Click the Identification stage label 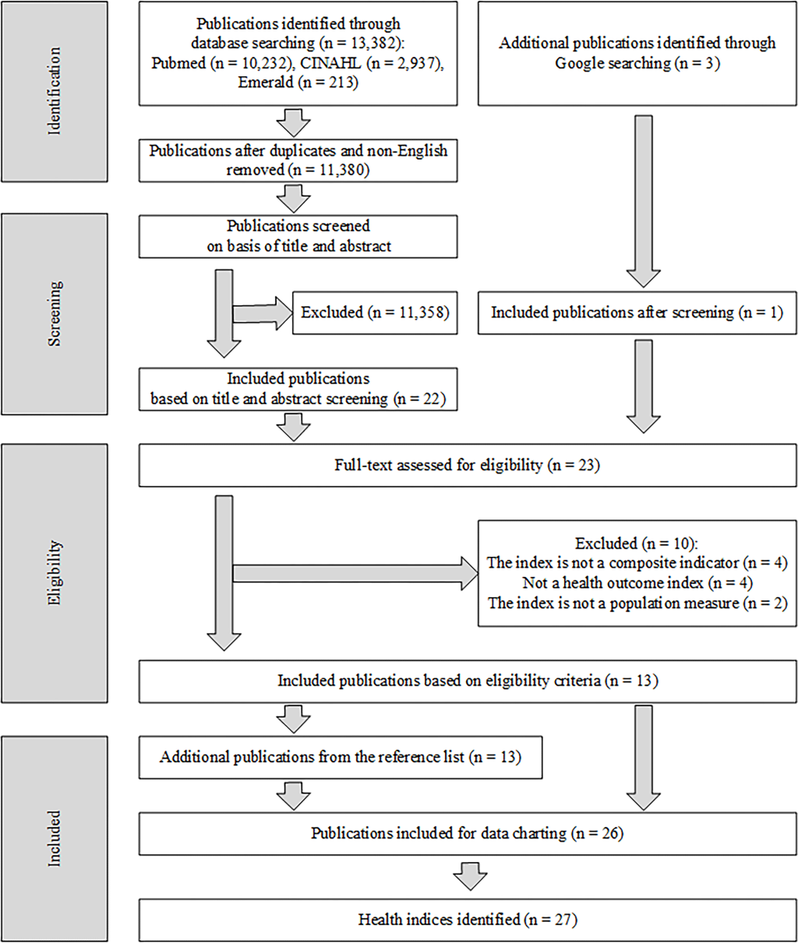tap(55, 91)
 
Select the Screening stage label tap(55, 313)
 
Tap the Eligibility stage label tap(55, 572)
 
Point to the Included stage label tap(55, 839)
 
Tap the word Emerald tap(265, 83)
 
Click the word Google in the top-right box tap(579, 63)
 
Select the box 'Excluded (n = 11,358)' tap(375, 313)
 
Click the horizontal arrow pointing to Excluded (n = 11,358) tap(263, 313)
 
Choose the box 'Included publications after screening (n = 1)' tap(637, 313)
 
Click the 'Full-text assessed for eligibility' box tap(468, 465)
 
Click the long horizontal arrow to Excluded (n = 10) tap(355, 573)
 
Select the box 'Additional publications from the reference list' tap(341, 757)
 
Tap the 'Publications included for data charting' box tap(468, 833)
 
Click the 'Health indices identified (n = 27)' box tap(468, 920)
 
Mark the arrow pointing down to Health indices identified tap(470, 876)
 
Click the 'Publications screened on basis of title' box tap(298, 236)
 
